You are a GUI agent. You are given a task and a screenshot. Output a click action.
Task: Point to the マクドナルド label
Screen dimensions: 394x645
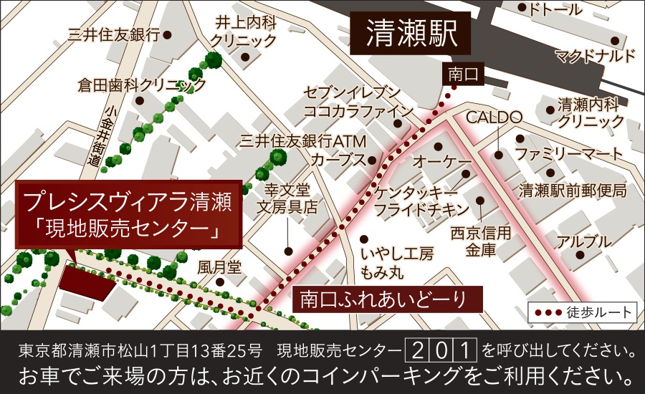(x=595, y=56)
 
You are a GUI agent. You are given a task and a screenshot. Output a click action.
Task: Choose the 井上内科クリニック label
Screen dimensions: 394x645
(x=245, y=32)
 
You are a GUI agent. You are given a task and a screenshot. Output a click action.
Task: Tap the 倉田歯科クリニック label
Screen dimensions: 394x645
(x=142, y=85)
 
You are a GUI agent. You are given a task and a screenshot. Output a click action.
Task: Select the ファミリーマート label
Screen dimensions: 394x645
(x=570, y=154)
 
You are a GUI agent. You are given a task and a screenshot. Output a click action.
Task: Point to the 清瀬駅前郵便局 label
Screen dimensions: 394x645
(x=573, y=191)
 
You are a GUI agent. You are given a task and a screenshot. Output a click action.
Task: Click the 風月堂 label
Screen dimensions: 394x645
(x=220, y=266)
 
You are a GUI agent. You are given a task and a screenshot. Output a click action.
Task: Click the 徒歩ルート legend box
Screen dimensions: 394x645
(x=582, y=312)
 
